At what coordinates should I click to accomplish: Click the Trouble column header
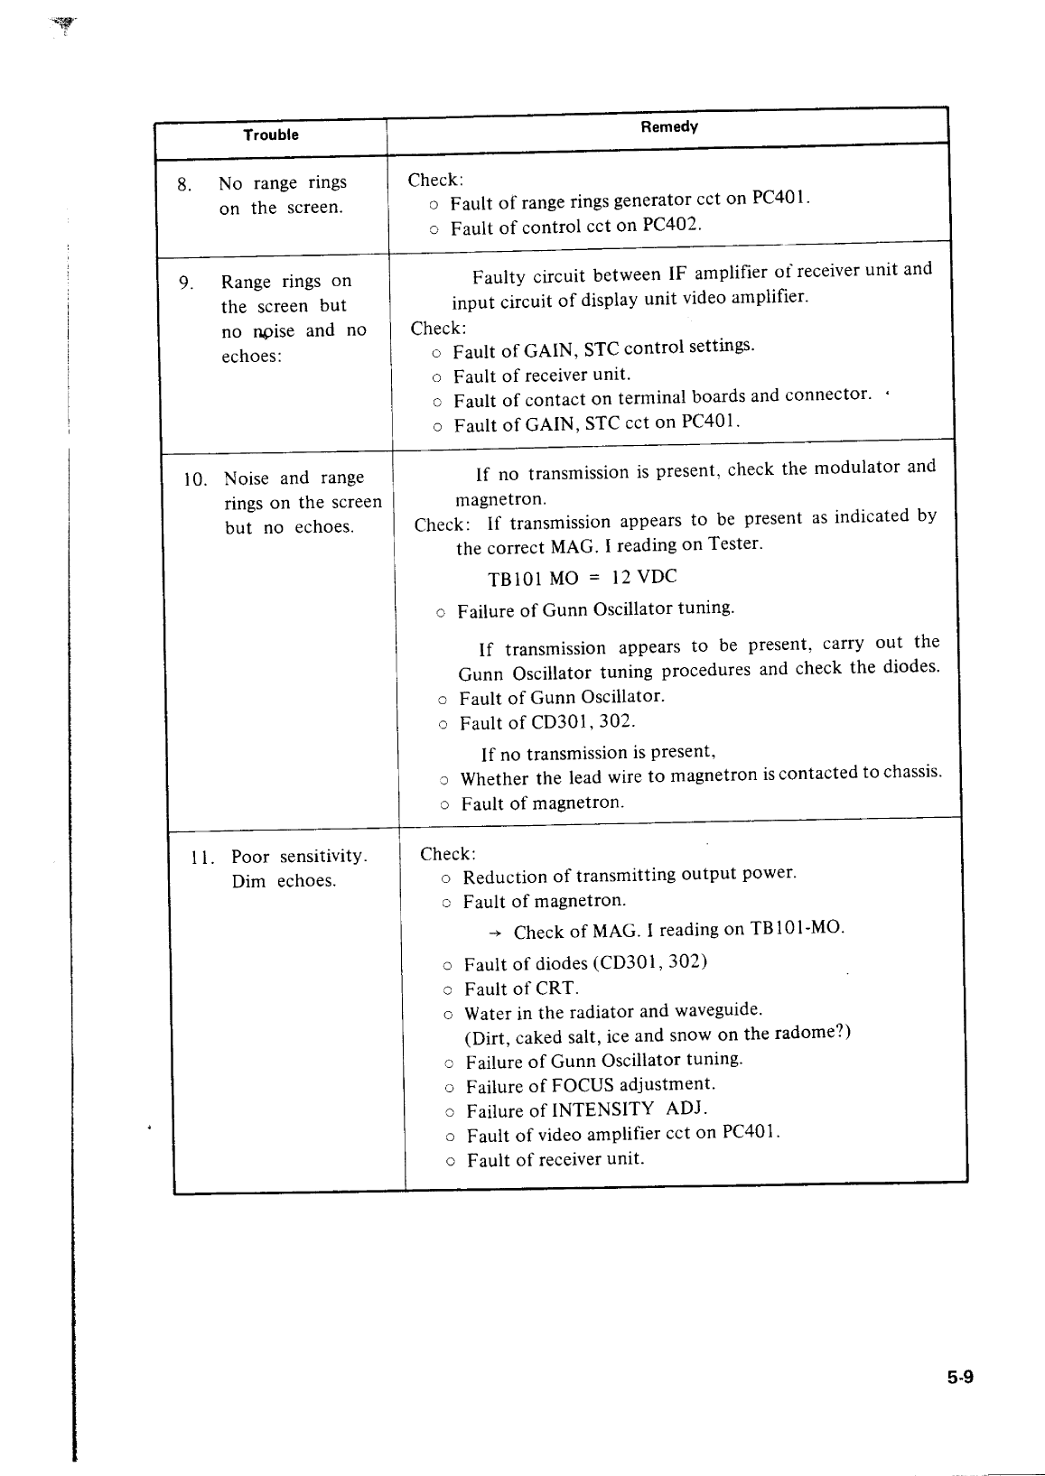[270, 135]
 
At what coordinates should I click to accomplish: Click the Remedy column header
[668, 127]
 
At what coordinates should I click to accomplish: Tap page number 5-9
[958, 1378]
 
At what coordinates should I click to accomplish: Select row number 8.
[183, 186]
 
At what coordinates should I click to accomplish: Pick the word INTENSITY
[602, 1109]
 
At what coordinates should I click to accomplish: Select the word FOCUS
[583, 1084]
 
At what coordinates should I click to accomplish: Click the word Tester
[735, 543]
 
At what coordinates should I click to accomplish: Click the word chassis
[911, 772]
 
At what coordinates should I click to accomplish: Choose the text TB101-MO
[797, 928]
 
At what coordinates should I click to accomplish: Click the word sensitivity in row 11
[322, 856]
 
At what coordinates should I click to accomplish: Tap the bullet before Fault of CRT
[448, 990]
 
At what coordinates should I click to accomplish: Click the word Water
[488, 1013]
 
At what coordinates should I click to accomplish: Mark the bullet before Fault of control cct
[434, 230]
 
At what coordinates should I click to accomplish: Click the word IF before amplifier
[678, 274]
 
